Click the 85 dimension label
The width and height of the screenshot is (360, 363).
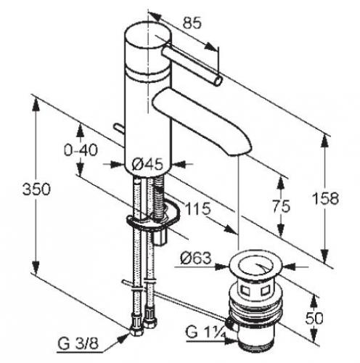point(192,23)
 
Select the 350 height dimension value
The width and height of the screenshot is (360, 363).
point(36,189)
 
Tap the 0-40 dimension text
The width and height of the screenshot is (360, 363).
point(81,150)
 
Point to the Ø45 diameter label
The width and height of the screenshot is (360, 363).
point(147,165)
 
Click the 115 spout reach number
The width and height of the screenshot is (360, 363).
point(197,208)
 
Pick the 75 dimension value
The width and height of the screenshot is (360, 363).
point(281,206)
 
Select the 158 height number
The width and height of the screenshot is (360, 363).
point(325,198)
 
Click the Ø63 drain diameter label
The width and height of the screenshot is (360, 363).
point(196,258)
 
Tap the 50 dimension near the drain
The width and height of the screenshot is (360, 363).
point(314,318)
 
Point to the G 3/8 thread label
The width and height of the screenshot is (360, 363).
point(78,343)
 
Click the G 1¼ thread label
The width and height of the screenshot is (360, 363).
point(205,332)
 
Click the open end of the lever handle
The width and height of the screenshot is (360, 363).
point(218,81)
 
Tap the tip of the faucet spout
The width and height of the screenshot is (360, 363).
point(240,152)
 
